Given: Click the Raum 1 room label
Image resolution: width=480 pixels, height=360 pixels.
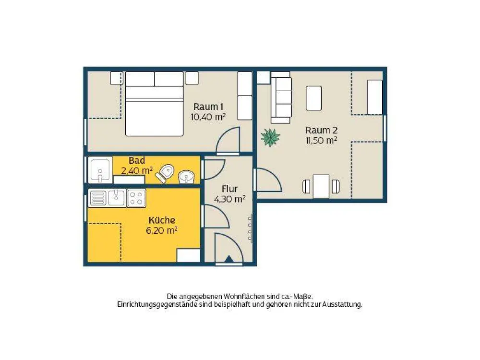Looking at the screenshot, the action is pos(208,107).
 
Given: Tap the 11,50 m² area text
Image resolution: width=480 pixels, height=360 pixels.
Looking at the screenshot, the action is pos(322,141).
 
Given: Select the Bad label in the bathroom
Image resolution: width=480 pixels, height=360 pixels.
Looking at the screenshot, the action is pos(136,160).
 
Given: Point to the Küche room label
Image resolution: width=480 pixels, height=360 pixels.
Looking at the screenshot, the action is pos(162,220).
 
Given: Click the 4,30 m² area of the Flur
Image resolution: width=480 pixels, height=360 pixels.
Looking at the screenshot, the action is pos(229,199).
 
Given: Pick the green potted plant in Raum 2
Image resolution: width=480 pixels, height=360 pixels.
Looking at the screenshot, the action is pos(270,137).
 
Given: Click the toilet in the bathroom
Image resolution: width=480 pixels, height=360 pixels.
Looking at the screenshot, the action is pos(165,173).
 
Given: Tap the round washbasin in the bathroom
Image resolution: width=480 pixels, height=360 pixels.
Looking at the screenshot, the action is pos(186,177).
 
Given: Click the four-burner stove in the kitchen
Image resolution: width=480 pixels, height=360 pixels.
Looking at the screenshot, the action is pos(136,198).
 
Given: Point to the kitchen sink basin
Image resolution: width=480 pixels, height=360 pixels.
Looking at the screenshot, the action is pos(116,198).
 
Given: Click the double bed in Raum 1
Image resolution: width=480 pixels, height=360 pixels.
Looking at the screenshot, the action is pos(154,104).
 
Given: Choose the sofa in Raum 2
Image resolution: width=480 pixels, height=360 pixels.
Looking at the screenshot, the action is pos(281,97).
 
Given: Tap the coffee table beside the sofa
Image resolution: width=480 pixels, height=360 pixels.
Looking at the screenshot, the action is pos(314,98).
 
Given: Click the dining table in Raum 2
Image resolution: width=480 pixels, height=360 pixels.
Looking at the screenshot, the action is pos(321,186).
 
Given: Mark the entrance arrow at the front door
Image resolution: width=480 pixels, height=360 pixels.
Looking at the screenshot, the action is pos(229,259).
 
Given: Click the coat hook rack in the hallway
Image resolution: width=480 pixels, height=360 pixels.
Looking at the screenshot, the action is pos(251,228).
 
